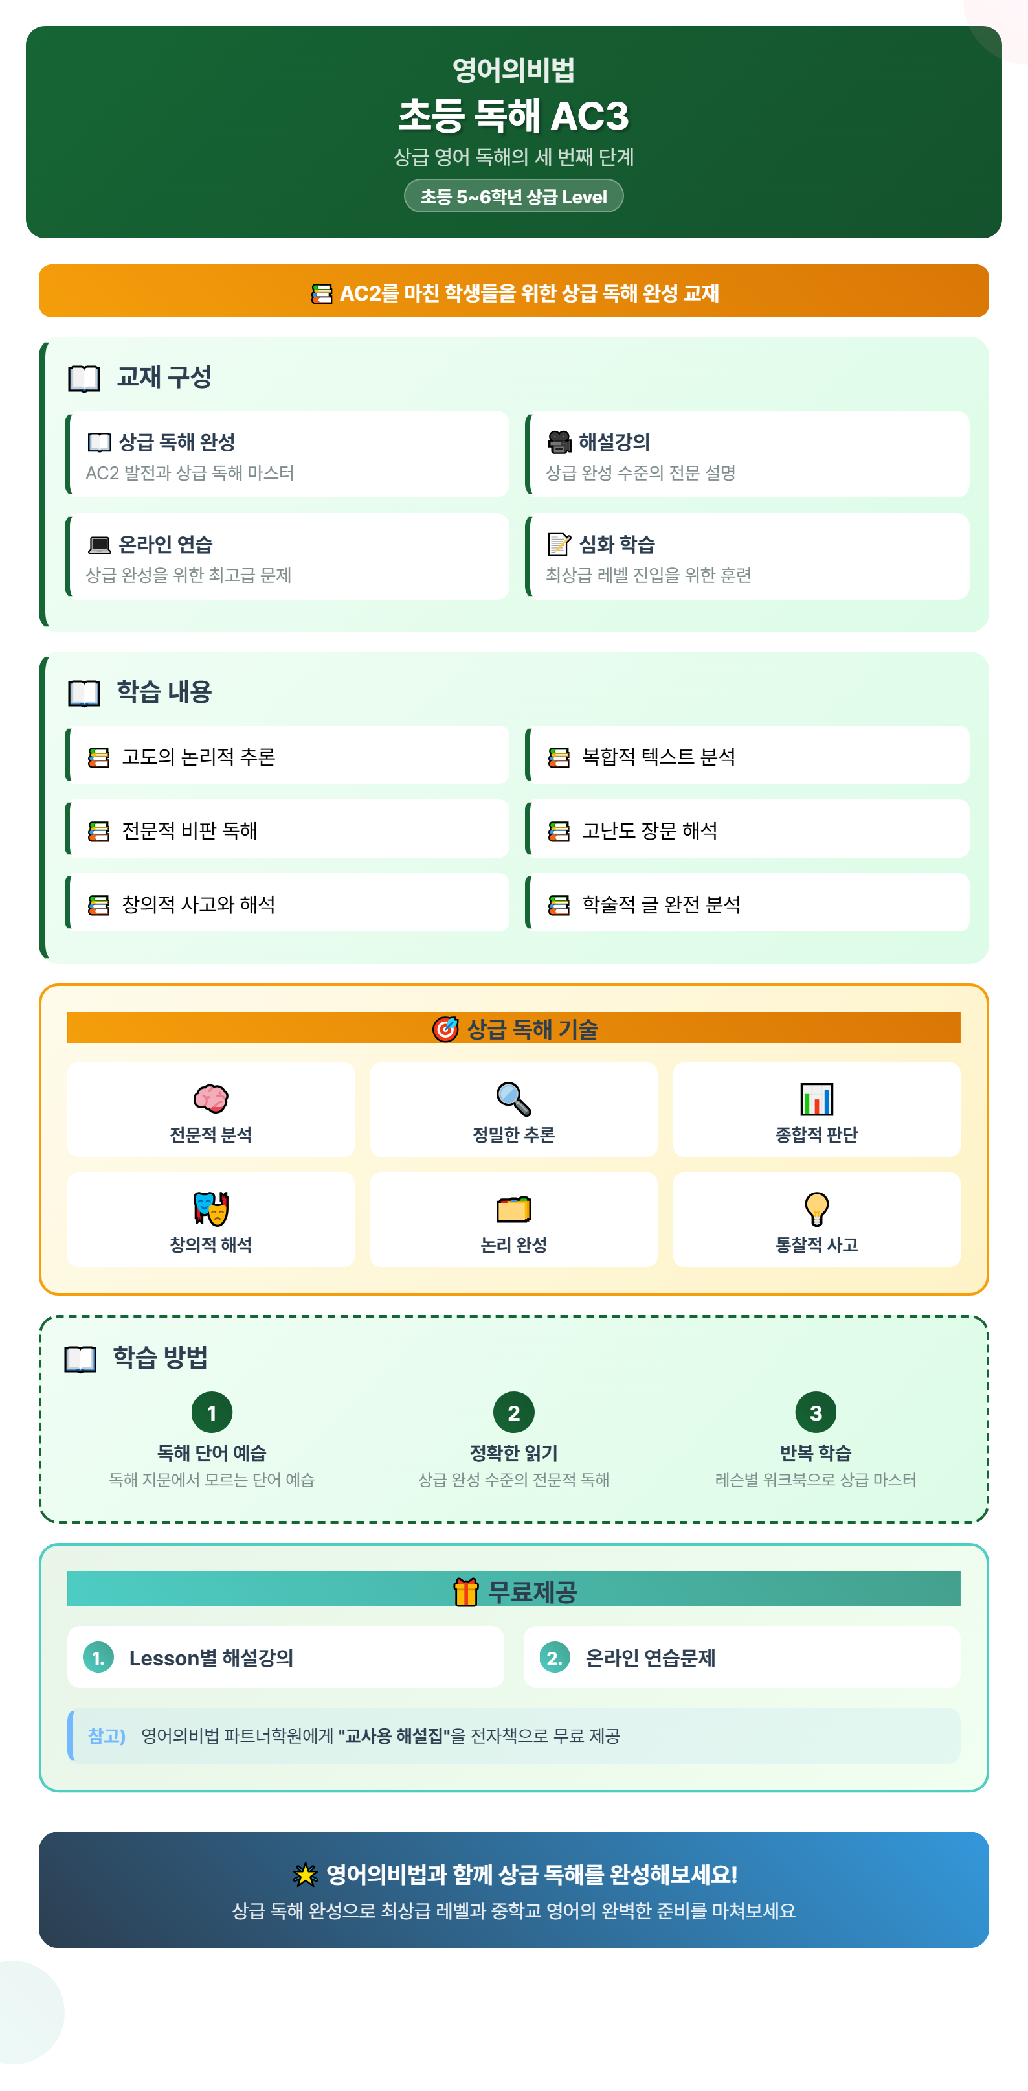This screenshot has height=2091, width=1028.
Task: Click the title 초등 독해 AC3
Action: [x=513, y=115]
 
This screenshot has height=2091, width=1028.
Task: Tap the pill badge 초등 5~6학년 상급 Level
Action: [x=513, y=196]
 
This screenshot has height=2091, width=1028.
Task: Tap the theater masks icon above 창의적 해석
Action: [x=211, y=1208]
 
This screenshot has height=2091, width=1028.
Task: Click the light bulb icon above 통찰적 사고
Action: [x=816, y=1209]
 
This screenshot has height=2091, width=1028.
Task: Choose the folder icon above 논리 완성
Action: [x=513, y=1209]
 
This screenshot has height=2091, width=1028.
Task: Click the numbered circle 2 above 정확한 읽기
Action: [x=513, y=1412]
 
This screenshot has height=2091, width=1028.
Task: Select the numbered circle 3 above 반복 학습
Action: [x=816, y=1412]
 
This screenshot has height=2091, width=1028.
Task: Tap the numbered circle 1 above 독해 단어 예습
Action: [x=212, y=1412]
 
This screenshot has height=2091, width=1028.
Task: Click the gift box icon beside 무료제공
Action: [x=465, y=1592]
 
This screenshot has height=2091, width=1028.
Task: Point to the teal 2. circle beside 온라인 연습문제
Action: [x=555, y=1658]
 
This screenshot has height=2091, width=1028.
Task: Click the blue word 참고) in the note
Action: [x=106, y=1735]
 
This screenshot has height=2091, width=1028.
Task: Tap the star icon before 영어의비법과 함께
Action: [x=305, y=1874]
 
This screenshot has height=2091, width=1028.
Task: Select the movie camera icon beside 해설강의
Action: [x=559, y=442]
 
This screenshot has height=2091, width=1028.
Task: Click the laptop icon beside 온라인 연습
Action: [x=99, y=545]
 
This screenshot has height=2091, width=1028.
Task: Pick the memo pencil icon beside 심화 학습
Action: [x=559, y=544]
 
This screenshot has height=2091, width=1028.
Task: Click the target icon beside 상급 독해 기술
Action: [x=445, y=1029]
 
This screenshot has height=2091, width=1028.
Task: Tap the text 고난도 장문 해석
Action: [x=650, y=830]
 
